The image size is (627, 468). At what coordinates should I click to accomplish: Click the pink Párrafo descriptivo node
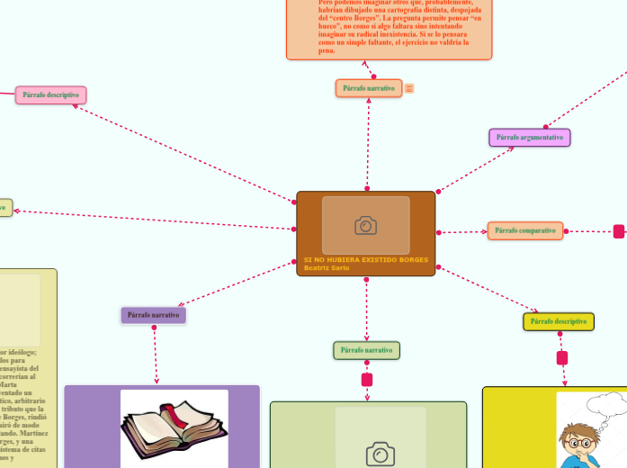pyautogui.click(x=50, y=94)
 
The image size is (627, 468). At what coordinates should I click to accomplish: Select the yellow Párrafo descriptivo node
pyautogui.click(x=559, y=321)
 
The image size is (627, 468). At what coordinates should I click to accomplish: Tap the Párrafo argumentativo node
pyautogui.click(x=530, y=138)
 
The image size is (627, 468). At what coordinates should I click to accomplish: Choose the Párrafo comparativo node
pyautogui.click(x=525, y=231)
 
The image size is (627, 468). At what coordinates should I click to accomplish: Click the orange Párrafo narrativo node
pyautogui.click(x=369, y=88)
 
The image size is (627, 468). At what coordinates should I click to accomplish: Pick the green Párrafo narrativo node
pyautogui.click(x=366, y=350)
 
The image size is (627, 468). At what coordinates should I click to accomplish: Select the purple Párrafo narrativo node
pyautogui.click(x=154, y=315)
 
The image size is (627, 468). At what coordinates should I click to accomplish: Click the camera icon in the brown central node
pyautogui.click(x=365, y=225)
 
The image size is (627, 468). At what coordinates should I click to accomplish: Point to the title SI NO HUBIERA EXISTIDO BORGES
pyautogui.click(x=366, y=260)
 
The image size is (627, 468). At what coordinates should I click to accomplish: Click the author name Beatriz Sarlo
pyautogui.click(x=327, y=268)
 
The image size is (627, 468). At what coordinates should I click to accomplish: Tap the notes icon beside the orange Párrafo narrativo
pyautogui.click(x=409, y=88)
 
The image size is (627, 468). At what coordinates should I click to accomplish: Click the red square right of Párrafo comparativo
pyautogui.click(x=619, y=232)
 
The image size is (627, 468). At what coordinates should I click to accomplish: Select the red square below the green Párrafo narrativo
pyautogui.click(x=366, y=379)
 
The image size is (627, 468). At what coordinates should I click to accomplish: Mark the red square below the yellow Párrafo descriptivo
pyautogui.click(x=562, y=358)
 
